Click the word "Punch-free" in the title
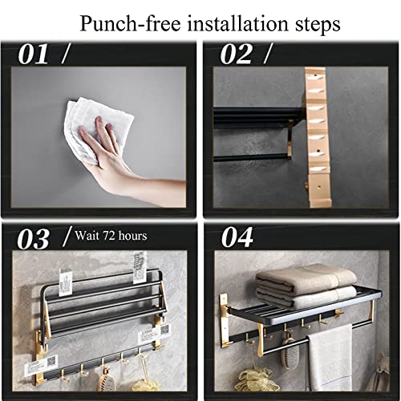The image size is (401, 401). tap(131, 24)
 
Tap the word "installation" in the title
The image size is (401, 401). tap(238, 23)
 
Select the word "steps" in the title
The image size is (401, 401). tap(318, 26)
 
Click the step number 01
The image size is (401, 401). tap(34, 55)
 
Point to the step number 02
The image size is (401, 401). tap(236, 55)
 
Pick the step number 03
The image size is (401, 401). tap(34, 239)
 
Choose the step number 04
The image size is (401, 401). tap(237, 237)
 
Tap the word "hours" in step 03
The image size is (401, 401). tap(132, 236)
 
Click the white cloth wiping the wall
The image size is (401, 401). tap(98, 131)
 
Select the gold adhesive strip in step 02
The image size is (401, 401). tap(318, 137)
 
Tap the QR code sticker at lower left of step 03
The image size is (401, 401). tap(41, 366)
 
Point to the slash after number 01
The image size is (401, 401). tap(66, 54)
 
